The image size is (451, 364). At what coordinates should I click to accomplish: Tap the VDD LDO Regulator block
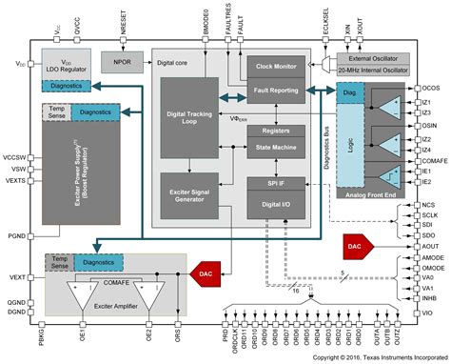pyautogui.click(x=67, y=62)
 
